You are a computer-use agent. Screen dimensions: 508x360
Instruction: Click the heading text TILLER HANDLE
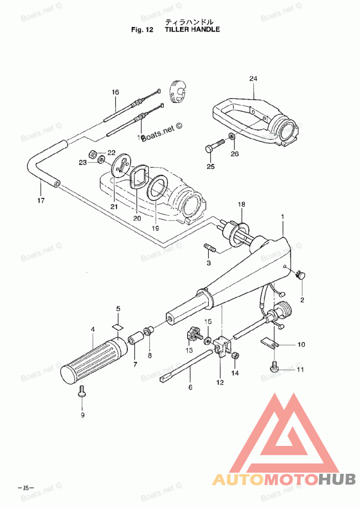[192, 30]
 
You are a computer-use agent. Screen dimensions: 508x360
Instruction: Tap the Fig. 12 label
[142, 30]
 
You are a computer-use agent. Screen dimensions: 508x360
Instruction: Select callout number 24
[253, 79]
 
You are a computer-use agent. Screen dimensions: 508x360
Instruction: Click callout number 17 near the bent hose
[40, 201]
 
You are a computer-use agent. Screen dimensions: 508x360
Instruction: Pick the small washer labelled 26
[231, 136]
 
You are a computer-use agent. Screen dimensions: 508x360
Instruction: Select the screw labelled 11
[274, 368]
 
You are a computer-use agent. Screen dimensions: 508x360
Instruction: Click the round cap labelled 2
[300, 275]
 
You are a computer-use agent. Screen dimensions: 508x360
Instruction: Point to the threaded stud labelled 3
[210, 248]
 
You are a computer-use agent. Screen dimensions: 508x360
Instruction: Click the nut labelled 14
[234, 356]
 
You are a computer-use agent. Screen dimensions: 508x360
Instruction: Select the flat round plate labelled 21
[120, 167]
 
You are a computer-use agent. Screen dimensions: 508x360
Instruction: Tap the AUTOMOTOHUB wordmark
[284, 480]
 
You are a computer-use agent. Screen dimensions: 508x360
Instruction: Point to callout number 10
[301, 345]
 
